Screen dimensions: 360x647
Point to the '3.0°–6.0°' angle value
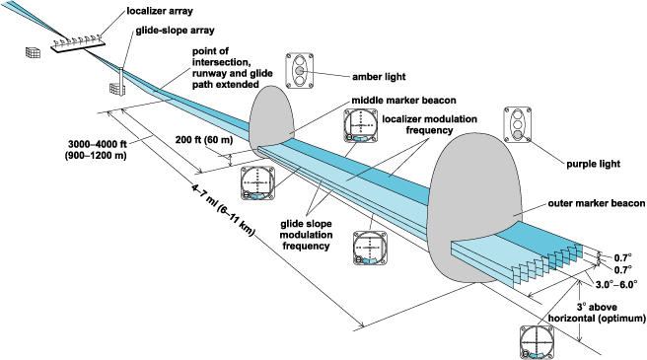click(616, 282)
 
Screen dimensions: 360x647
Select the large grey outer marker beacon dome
click(473, 202)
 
